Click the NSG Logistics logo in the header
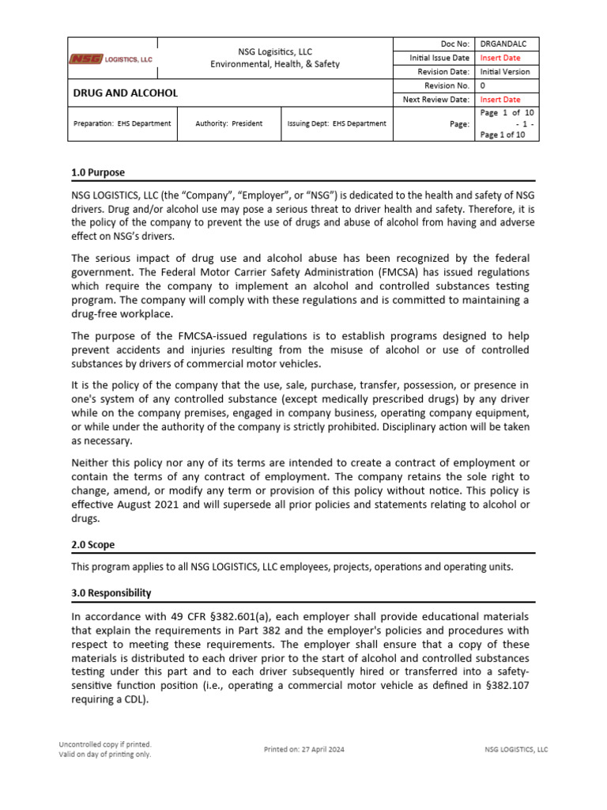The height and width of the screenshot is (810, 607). point(111,59)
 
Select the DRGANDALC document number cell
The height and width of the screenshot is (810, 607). point(505,44)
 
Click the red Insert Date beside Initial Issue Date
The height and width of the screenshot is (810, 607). point(500,58)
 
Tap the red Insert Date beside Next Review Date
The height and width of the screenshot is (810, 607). point(500,100)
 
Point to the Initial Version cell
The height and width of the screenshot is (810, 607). point(505,72)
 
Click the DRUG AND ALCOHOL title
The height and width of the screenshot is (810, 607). point(126,93)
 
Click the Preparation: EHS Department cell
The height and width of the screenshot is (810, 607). point(122,123)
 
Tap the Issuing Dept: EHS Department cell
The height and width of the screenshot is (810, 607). point(337,123)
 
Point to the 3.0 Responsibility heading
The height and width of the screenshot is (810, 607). point(111,592)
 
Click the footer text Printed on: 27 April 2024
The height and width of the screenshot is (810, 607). point(303,749)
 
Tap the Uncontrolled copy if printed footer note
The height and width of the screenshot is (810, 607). point(105,744)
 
